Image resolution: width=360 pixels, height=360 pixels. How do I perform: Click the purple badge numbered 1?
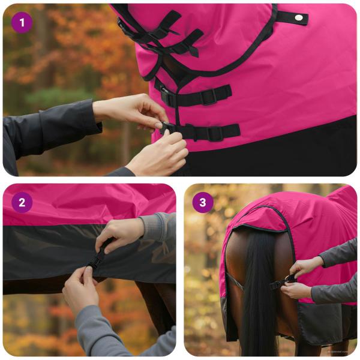tap(22, 22)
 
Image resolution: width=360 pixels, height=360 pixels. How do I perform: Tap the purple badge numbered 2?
tap(22, 202)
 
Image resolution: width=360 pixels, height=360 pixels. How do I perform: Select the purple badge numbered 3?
tap(203, 202)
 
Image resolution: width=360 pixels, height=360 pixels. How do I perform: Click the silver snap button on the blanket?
tap(298, 17)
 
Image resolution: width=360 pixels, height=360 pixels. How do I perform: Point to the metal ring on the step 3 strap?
tap(290, 278)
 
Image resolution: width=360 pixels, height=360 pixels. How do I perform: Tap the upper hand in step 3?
tap(306, 265)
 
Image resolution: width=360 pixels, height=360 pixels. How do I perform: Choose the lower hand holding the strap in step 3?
tap(297, 290)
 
